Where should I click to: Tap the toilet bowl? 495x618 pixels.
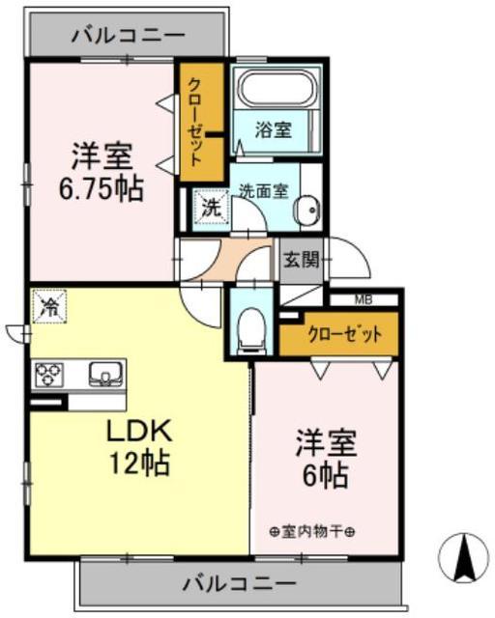point(251,329)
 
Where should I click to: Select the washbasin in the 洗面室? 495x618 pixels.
point(306,211)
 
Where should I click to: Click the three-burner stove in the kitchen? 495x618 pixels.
point(48,374)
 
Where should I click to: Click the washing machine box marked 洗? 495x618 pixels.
point(211,209)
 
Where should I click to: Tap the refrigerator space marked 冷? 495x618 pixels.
point(49,306)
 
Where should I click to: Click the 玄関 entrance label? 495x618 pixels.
point(302,260)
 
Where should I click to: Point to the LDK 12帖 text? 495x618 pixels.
point(139,446)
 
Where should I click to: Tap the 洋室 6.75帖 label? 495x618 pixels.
point(102,172)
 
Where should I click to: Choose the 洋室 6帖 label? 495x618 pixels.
point(326,459)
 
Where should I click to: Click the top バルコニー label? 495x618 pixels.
point(128,36)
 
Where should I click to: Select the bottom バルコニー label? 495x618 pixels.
point(239,583)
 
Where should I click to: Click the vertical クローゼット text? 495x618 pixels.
point(195,122)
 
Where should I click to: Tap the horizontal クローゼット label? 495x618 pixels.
point(345,334)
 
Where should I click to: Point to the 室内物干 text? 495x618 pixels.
point(312,532)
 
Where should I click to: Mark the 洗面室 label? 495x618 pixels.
point(264,191)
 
